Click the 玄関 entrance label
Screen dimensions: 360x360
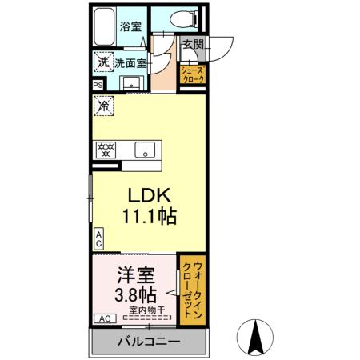[x=192, y=46]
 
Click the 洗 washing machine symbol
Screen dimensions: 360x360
[x=102, y=62]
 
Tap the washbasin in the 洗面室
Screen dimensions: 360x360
[x=130, y=82]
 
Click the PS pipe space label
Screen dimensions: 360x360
[x=98, y=86]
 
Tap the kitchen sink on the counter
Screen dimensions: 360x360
[x=146, y=149]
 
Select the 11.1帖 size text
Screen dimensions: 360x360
[x=148, y=216]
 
